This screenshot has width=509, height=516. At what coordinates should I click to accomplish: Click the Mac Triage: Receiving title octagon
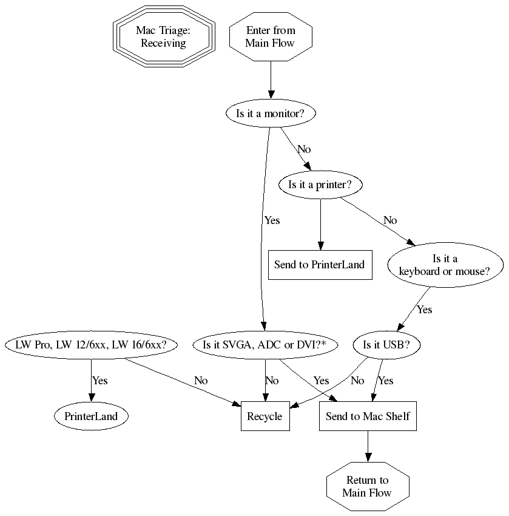pos(163,37)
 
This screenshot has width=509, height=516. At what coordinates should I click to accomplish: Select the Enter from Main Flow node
pos(271,37)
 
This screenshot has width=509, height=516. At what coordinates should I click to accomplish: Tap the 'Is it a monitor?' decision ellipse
pos(271,113)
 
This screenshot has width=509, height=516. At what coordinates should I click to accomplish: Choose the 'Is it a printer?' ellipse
pos(320,185)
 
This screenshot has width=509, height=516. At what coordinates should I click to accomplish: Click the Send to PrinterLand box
pos(320,265)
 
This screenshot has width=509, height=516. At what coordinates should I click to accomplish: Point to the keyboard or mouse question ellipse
pos(444,265)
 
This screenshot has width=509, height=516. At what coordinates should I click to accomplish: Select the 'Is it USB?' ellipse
pos(386,345)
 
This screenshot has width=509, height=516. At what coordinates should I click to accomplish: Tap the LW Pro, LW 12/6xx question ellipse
pos(92,345)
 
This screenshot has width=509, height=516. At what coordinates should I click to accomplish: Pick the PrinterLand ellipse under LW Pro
pos(92,416)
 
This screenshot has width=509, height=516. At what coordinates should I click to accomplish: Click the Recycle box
pos(265,416)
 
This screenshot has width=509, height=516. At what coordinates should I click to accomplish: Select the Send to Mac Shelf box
pos(368,416)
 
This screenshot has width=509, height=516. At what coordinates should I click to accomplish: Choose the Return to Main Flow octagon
pos(367,486)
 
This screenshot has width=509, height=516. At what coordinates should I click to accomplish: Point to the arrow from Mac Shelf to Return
pos(367,446)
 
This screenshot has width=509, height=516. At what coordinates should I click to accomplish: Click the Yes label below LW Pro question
pos(99,381)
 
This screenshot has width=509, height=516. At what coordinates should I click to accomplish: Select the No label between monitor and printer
pos(304,149)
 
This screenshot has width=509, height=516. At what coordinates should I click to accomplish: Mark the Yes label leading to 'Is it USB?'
pos(424,310)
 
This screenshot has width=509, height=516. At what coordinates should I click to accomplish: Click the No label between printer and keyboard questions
pos(390,220)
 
